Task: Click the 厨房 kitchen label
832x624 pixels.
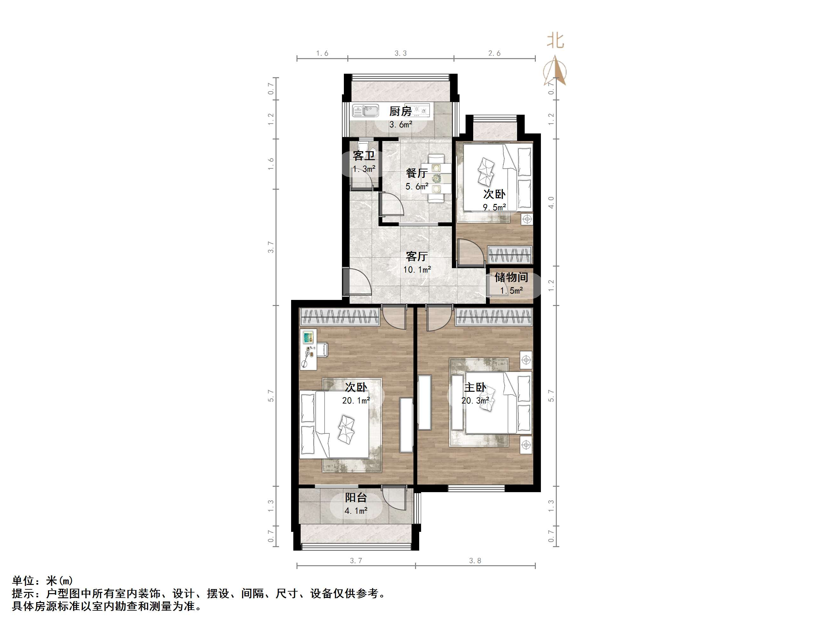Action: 400,111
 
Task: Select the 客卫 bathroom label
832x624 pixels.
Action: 364,156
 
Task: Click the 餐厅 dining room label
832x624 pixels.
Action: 417,173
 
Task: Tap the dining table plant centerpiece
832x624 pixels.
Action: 436,178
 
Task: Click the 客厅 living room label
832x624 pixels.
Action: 417,256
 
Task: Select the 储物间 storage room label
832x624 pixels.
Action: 511,278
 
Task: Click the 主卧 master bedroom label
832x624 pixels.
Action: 475,387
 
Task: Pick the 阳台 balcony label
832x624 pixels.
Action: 356,498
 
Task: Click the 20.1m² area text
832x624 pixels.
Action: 356,401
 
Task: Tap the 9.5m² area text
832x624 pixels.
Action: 494,207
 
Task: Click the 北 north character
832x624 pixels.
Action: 555,41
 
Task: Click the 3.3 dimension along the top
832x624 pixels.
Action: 400,53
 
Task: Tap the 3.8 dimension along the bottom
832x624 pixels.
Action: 475,561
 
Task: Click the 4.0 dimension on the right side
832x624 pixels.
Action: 551,203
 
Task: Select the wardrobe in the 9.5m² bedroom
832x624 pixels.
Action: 510,254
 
